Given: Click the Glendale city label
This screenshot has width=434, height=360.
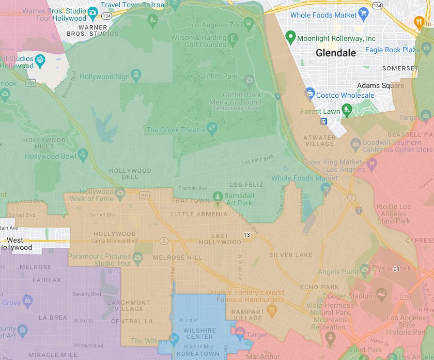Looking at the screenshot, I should [336, 53].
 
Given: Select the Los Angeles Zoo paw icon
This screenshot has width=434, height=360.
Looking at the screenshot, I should [249, 23].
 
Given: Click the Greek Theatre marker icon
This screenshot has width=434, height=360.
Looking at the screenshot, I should [212, 128].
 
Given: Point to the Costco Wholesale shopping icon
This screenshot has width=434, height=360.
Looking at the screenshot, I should [309, 93].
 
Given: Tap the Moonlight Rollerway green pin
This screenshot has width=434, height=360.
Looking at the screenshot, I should [290, 37].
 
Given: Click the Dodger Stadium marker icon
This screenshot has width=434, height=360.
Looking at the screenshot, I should [383, 295].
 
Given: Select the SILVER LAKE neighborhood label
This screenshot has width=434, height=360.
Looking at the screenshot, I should [290, 255].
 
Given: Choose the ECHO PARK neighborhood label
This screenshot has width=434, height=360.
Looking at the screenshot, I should [319, 287].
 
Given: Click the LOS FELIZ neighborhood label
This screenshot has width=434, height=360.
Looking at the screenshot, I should [246, 185].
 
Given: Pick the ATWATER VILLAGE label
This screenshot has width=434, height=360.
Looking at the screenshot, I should [319, 141].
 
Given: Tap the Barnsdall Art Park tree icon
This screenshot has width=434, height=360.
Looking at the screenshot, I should [218, 197].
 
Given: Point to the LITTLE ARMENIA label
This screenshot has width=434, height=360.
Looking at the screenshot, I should [199, 214].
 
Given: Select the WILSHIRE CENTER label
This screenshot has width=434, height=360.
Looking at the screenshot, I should [199, 334].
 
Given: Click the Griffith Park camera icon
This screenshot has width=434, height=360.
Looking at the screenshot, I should [249, 80].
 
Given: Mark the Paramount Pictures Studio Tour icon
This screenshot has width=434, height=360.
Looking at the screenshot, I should [137, 257].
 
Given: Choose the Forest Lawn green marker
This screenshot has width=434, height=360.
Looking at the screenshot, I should [347, 109].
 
